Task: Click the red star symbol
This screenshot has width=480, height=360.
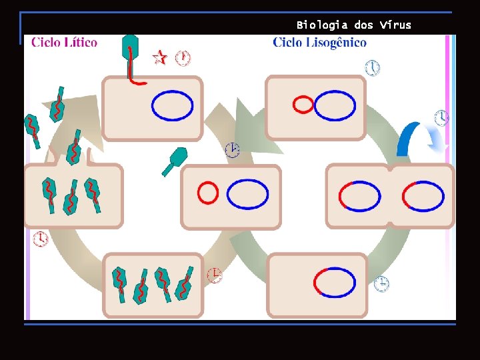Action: (x=159, y=57)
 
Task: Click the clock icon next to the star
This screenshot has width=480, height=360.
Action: (x=183, y=58)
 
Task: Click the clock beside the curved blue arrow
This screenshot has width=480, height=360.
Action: (x=442, y=118)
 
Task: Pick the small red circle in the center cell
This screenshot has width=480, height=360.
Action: (x=208, y=193)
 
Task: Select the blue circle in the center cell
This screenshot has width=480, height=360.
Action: (x=247, y=195)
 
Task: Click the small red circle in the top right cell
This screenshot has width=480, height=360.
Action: (x=303, y=105)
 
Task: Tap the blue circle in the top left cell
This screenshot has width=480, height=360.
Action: (x=173, y=105)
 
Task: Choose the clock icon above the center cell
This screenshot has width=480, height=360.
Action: (x=231, y=150)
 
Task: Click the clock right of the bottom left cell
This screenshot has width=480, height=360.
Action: (x=214, y=275)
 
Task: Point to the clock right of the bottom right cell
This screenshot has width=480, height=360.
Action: (x=381, y=284)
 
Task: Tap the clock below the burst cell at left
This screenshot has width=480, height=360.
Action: (x=41, y=239)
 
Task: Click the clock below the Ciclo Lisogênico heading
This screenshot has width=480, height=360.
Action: (x=373, y=68)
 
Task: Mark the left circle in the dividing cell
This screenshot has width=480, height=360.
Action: (x=360, y=196)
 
